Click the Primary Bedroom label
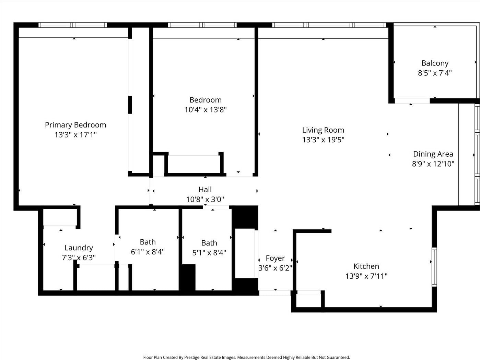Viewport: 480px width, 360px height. click(x=75, y=125)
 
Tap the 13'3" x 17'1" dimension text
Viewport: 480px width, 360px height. click(x=75, y=134)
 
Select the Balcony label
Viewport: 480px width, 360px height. click(x=435, y=63)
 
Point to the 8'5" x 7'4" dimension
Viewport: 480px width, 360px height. click(x=435, y=73)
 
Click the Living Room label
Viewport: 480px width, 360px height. click(x=323, y=130)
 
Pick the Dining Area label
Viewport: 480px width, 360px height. click(x=433, y=154)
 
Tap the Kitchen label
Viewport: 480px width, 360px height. click(x=366, y=266)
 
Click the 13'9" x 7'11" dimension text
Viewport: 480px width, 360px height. click(x=366, y=276)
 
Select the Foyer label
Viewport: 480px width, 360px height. click(x=275, y=258)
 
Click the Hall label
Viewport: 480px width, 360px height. click(x=205, y=189)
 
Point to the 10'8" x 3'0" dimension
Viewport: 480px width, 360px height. click(x=205, y=199)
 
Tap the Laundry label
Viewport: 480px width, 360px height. click(x=79, y=248)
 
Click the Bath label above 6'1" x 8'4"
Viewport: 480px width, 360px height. click(x=148, y=242)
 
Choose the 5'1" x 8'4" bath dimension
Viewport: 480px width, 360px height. click(x=209, y=253)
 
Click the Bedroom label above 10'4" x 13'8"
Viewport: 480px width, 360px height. click(x=205, y=100)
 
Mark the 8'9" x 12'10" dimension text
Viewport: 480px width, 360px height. click(x=433, y=164)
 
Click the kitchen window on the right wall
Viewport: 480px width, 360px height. click(x=434, y=267)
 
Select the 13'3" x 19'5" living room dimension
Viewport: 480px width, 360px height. click(x=323, y=140)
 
